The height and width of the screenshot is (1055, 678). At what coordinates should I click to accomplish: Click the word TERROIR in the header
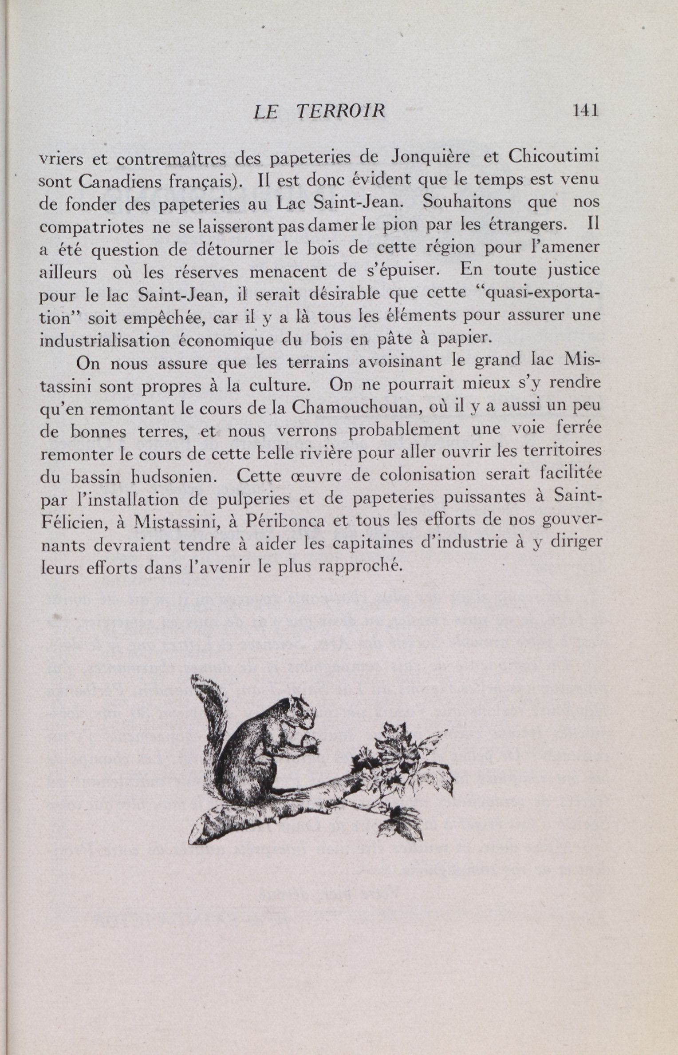point(340,111)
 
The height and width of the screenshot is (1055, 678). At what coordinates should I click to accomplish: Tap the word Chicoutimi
point(554,157)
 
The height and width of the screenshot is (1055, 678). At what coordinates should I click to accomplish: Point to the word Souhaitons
point(467,202)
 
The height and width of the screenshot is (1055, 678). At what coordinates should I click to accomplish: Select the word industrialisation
point(103,340)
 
